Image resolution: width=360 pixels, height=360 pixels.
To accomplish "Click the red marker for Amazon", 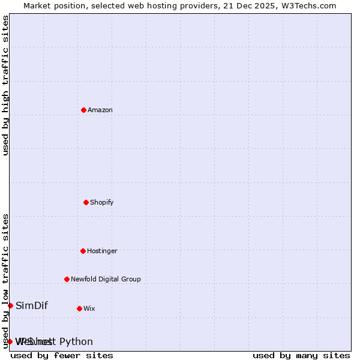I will click(83, 110).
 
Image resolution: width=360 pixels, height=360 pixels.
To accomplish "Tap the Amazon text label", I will click(100, 110).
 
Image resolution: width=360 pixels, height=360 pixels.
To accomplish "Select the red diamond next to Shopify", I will click(86, 202).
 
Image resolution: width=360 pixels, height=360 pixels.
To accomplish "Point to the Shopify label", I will click(102, 203).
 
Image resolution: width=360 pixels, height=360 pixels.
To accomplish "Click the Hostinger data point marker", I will click(83, 251).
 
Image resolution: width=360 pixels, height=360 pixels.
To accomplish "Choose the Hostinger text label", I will click(103, 251).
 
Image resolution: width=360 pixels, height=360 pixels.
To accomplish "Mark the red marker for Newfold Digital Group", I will click(67, 279).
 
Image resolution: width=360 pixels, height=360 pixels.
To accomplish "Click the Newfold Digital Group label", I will click(106, 280).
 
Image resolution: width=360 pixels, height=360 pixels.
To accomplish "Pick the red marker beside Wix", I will click(79, 308).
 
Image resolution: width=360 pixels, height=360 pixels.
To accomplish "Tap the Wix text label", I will click(89, 309).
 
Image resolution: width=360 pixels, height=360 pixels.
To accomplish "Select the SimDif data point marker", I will click(10, 305).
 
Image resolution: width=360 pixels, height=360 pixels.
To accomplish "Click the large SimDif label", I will click(32, 306).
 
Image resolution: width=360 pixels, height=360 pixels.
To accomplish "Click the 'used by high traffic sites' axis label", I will click(5, 85).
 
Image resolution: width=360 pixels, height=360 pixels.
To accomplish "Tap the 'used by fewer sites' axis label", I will click(62, 356).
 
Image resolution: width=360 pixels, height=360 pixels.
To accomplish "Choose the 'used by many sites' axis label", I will click(301, 356).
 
